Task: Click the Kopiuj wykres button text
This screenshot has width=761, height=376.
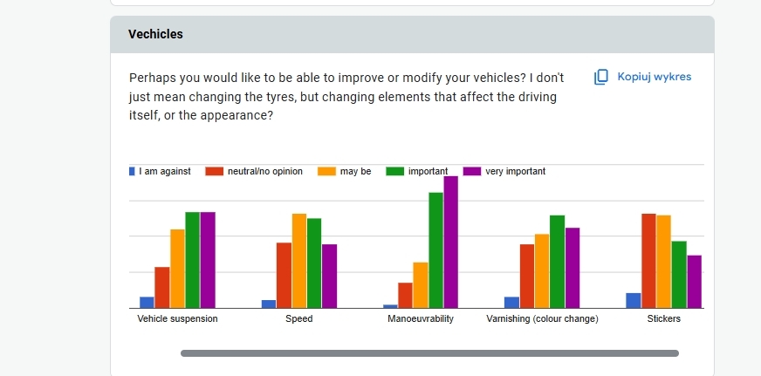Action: (654, 77)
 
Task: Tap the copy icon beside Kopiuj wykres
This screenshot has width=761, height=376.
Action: (600, 77)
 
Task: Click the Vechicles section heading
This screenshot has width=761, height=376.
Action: (155, 34)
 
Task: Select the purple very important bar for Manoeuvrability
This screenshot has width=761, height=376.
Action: (450, 242)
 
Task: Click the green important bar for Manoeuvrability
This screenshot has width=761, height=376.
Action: (435, 250)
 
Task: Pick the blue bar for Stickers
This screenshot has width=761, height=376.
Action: (634, 300)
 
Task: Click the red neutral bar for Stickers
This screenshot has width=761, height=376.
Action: (648, 260)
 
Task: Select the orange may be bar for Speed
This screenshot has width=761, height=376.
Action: (299, 260)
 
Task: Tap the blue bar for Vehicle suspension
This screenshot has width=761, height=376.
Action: (147, 302)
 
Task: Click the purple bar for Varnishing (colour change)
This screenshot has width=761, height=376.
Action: (572, 267)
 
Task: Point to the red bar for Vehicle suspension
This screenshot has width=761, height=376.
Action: (161, 287)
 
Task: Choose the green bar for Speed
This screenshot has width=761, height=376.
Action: (314, 263)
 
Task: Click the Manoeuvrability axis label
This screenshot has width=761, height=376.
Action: (421, 319)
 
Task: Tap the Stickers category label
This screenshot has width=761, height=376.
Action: (664, 319)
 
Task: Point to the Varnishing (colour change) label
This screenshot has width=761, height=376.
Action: (542, 319)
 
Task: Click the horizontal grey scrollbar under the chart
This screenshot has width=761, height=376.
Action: (429, 353)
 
